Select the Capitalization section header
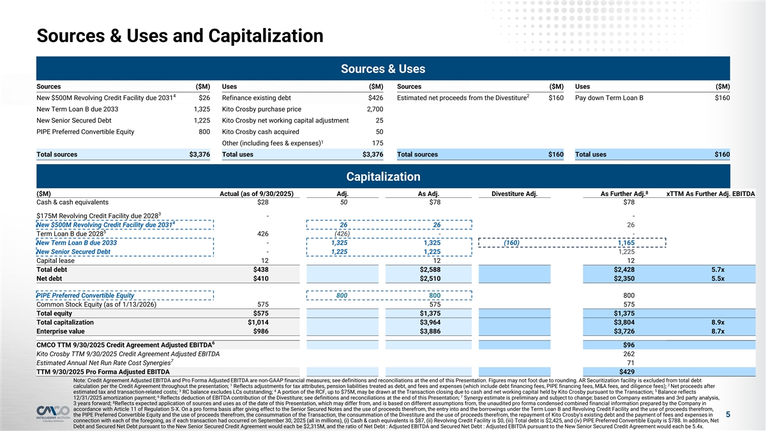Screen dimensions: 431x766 (x=383, y=176)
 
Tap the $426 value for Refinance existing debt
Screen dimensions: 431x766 (x=375, y=98)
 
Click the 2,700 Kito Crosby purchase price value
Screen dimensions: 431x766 (x=375, y=109)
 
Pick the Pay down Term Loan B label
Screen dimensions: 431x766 (x=609, y=98)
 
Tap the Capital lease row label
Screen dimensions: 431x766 (x=56, y=260)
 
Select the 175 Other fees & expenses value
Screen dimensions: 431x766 (x=377, y=142)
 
